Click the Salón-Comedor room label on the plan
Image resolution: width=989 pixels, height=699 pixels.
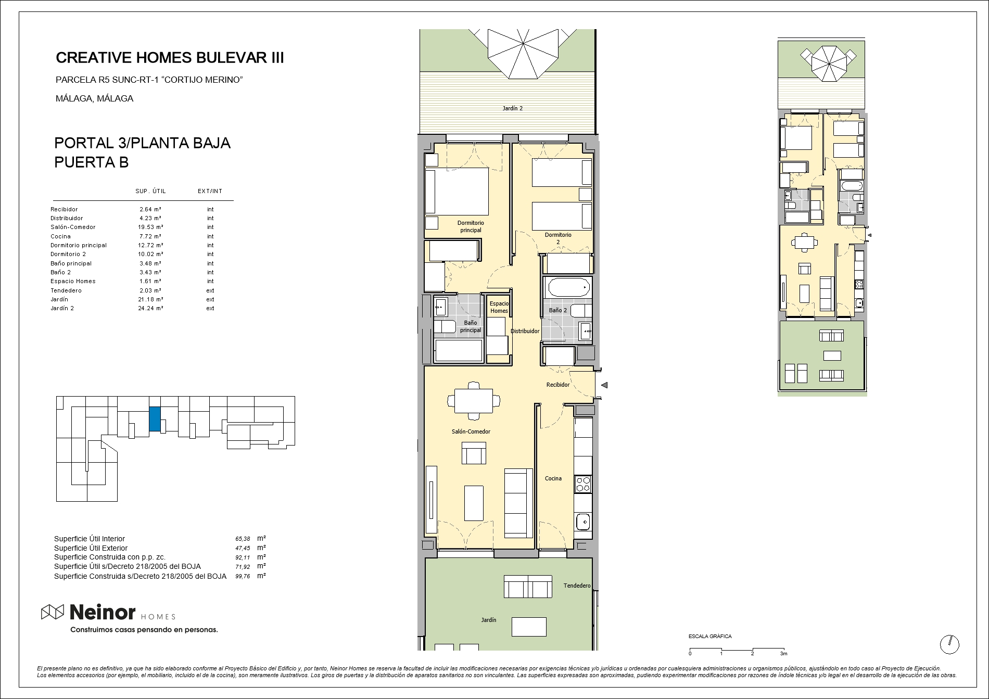[x=471, y=431]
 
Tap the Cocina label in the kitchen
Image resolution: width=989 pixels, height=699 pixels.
[x=553, y=478]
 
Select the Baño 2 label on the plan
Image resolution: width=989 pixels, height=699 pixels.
[x=557, y=310]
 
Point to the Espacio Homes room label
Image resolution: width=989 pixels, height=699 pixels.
[x=499, y=307]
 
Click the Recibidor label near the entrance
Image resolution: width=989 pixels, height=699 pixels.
[x=557, y=385]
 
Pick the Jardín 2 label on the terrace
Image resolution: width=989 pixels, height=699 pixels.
[x=513, y=108]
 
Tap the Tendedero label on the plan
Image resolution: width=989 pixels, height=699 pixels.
[x=577, y=586]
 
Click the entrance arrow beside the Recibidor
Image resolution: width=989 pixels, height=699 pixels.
[x=604, y=385]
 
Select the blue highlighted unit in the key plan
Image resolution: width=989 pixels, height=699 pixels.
[x=155, y=419]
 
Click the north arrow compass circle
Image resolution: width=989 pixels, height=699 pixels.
[x=949, y=644]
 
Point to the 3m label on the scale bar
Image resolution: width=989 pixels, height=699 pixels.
[x=783, y=653]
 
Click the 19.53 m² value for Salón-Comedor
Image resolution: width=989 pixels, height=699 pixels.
[x=151, y=227]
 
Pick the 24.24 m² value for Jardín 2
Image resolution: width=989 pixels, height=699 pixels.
[x=151, y=308]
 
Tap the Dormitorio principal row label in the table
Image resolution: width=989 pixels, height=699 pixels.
[x=79, y=245]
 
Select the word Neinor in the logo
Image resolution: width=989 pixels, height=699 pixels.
[x=103, y=613]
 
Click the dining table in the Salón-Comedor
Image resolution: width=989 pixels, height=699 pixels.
[x=474, y=401]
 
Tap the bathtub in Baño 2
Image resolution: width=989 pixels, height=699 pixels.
[x=567, y=287]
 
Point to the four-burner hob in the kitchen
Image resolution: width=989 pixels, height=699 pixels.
[x=583, y=484]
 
